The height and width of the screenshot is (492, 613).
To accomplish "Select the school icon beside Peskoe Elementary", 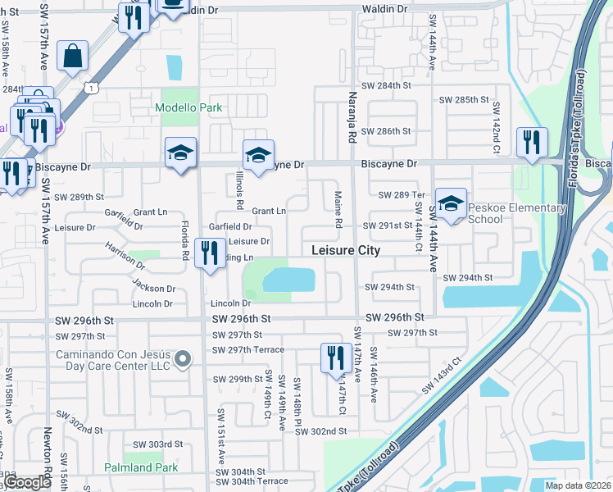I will point(450,205).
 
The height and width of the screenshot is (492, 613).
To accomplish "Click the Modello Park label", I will point(189,108).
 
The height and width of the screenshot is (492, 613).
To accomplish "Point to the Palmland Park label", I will point(141,467).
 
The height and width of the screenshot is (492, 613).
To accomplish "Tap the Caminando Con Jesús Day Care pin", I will point(184,358).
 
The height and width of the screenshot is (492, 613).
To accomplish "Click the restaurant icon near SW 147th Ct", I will point(334,358).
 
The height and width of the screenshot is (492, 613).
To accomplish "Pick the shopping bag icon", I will point(73,56).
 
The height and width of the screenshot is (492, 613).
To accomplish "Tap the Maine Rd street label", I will point(338,210).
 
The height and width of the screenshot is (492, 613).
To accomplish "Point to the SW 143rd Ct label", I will point(443,375).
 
